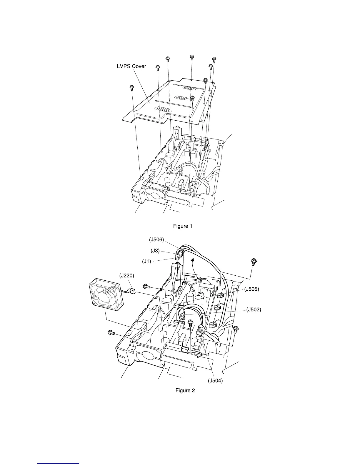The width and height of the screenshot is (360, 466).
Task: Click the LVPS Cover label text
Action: pos(131,66)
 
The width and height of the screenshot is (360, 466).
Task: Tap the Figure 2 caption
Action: pos(185,390)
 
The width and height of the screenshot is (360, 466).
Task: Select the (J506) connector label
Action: pos(156,240)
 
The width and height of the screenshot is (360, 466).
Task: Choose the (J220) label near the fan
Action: pos(127,276)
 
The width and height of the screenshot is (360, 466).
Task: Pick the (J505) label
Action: pos(251,289)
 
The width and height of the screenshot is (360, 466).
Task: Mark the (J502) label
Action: pos(254,309)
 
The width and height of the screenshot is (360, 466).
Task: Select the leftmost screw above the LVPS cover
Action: pos(131,87)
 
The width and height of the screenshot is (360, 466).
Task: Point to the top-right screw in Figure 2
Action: pos(253,261)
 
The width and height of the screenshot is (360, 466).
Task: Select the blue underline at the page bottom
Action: pos(59,463)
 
